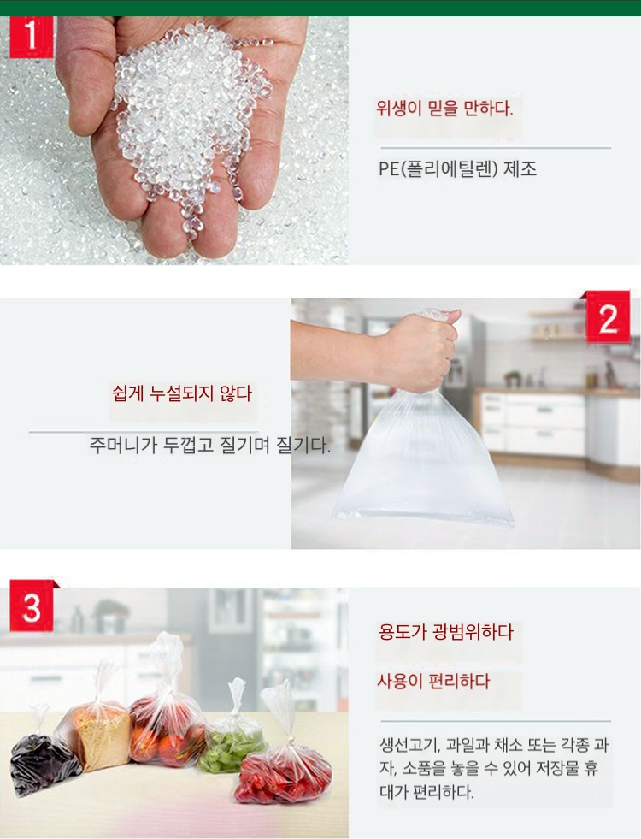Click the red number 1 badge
32,37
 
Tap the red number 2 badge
608,318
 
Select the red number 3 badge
32,606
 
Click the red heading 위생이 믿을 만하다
444,109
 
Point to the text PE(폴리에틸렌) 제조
457,169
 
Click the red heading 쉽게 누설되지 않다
182,393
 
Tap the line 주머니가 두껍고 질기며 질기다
209,444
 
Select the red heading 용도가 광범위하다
446,632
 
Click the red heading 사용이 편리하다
433,681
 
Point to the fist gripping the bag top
422,348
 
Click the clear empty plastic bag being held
422,455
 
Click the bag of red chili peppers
284,771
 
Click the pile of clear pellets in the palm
187,118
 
